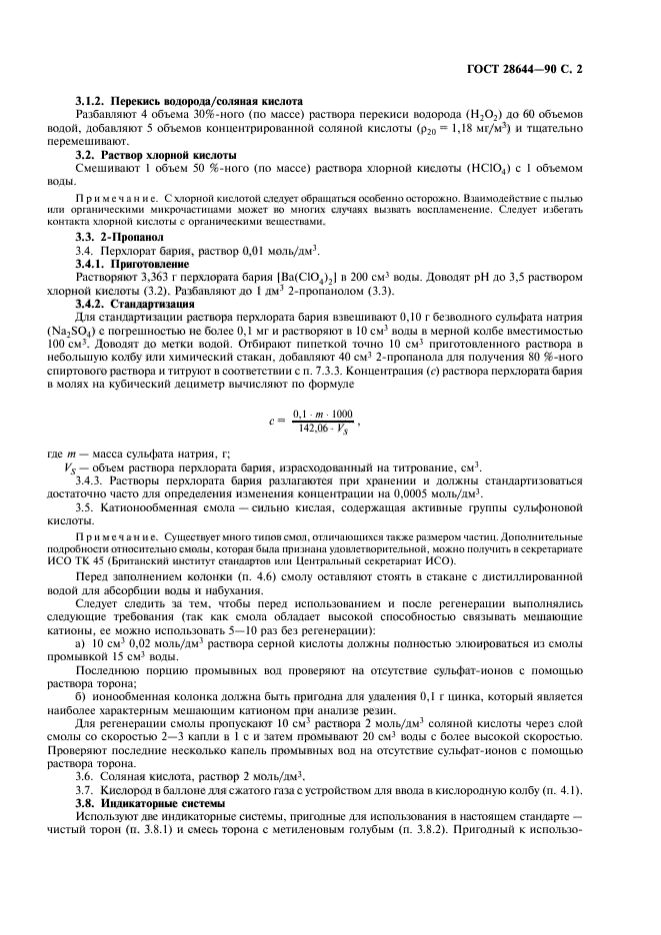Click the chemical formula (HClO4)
[509, 171]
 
